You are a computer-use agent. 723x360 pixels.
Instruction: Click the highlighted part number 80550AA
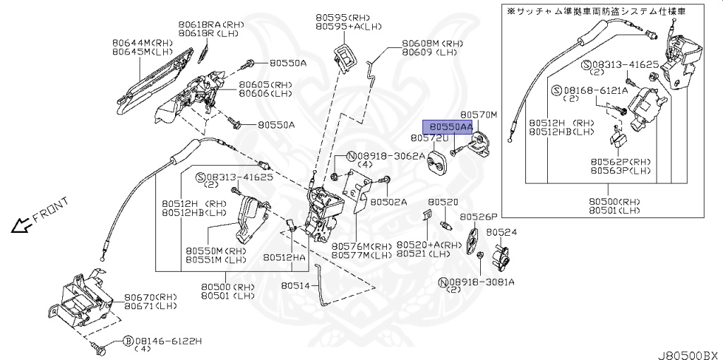[447, 126]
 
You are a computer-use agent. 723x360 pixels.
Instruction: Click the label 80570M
[479, 114]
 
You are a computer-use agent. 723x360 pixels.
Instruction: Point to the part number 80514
[294, 286]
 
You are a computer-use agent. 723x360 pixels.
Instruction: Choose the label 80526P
[479, 217]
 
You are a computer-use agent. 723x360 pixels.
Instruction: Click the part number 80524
[501, 232]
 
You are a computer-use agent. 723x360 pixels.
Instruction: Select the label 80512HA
[285, 258]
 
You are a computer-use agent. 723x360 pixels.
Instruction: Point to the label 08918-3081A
[483, 282]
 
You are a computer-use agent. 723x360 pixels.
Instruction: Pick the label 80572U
[430, 138]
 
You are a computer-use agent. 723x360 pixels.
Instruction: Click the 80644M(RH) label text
[141, 42]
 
